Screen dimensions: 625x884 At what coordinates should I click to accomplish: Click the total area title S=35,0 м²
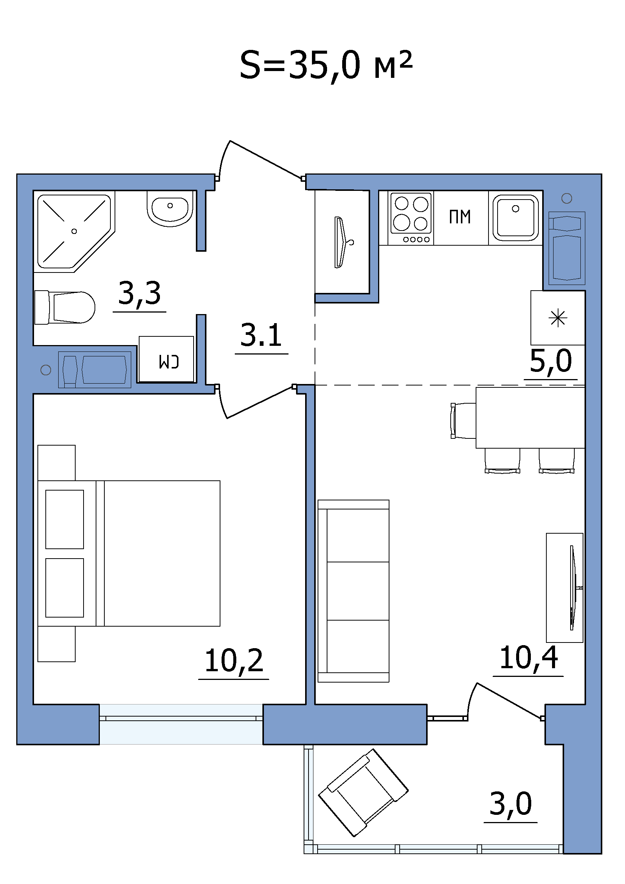point(326,65)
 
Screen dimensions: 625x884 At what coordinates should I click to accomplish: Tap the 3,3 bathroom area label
point(140,294)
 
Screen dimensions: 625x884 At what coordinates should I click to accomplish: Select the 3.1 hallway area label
point(261,335)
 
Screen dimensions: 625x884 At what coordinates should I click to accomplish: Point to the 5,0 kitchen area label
point(551,361)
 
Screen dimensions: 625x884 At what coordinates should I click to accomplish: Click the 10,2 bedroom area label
point(234,661)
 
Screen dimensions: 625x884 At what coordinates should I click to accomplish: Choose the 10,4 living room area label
point(528,658)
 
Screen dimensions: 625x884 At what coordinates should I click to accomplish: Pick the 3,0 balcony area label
point(511,804)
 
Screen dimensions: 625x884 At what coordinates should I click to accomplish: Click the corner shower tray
point(74,231)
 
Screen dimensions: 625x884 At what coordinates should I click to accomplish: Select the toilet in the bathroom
point(65,307)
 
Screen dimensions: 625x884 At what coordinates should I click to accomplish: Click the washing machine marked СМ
point(166,359)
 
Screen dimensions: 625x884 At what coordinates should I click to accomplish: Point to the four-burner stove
point(411,218)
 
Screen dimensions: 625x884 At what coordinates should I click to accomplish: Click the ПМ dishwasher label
point(460,217)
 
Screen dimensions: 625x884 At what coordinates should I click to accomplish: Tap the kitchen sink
point(516,218)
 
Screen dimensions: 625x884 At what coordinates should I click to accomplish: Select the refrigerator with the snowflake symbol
point(558,318)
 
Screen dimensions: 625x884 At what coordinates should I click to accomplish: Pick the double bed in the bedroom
point(129,553)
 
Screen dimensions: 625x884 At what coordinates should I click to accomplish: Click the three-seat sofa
point(354,591)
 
